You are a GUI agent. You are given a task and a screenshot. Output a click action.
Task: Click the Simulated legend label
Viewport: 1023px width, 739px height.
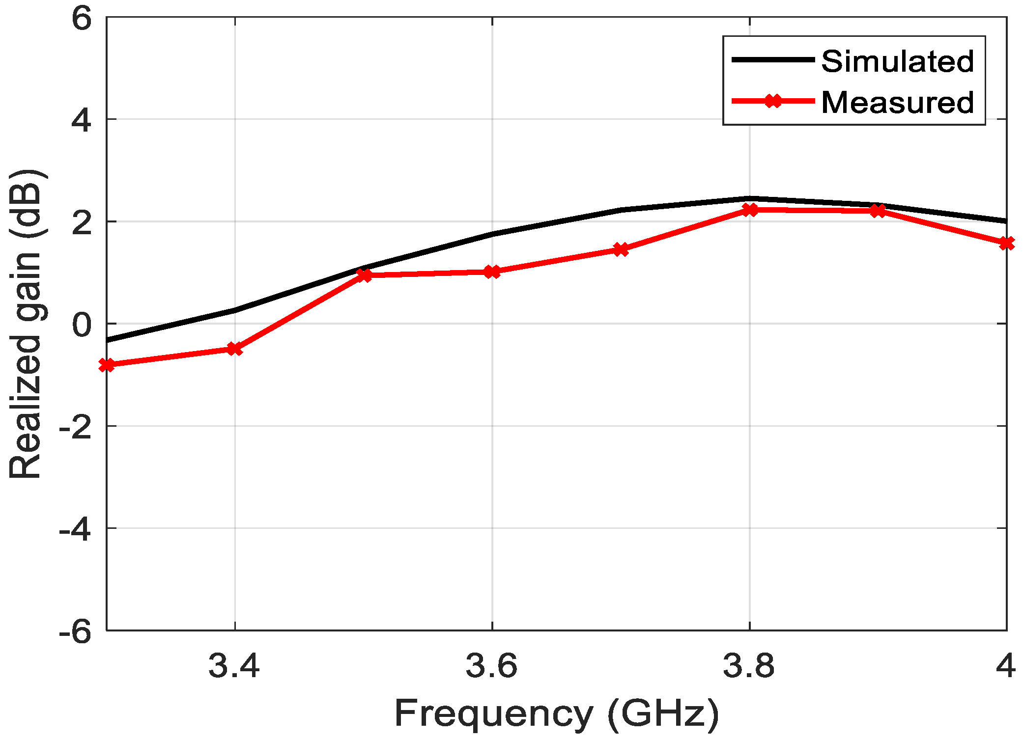pyautogui.click(x=897, y=61)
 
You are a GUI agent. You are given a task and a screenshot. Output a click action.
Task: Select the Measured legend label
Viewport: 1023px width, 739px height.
pyautogui.click(x=897, y=103)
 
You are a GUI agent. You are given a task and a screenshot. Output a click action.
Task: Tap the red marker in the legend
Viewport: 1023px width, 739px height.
pyautogui.click(x=773, y=101)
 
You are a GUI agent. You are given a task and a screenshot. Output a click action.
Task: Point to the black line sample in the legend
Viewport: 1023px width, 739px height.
pyautogui.click(x=773, y=59)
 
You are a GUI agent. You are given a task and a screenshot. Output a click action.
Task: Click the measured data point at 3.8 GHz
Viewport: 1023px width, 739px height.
pyautogui.click(x=749, y=210)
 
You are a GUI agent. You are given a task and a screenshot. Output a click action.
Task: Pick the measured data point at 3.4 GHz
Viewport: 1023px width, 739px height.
pyautogui.click(x=235, y=349)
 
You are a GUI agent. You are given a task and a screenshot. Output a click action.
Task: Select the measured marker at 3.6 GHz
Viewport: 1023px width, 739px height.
pyautogui.click(x=492, y=272)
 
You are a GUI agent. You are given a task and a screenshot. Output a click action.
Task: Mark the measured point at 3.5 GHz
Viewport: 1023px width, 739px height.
pyautogui.click(x=364, y=275)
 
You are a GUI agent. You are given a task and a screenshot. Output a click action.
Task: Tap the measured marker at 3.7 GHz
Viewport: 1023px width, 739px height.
pyautogui.click(x=621, y=249)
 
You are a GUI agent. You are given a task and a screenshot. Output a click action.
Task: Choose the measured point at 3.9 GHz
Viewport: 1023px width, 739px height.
pyautogui.click(x=878, y=211)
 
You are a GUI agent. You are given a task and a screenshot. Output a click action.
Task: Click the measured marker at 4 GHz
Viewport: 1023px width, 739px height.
pyautogui.click(x=1006, y=243)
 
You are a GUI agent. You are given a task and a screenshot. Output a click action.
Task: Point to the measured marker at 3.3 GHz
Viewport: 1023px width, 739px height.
pyautogui.click(x=107, y=365)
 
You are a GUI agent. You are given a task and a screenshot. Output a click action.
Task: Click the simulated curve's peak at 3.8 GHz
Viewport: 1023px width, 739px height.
pyautogui.click(x=749, y=198)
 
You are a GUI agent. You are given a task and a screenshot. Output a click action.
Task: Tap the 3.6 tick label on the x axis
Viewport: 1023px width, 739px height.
pyautogui.click(x=492, y=666)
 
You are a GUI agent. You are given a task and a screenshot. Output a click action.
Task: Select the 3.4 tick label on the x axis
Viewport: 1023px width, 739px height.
pyautogui.click(x=234, y=666)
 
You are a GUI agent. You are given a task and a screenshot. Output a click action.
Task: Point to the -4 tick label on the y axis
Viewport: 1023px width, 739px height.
pyautogui.click(x=75, y=529)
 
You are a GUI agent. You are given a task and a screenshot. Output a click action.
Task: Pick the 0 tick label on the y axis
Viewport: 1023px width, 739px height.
pyautogui.click(x=82, y=325)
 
